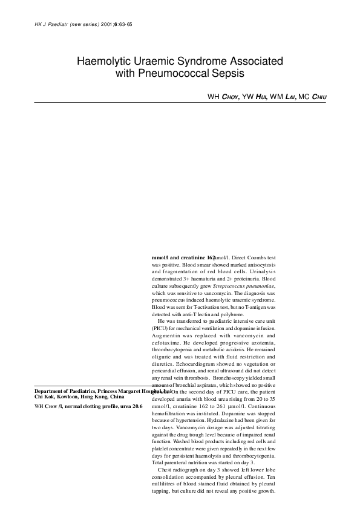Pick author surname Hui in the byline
260,96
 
